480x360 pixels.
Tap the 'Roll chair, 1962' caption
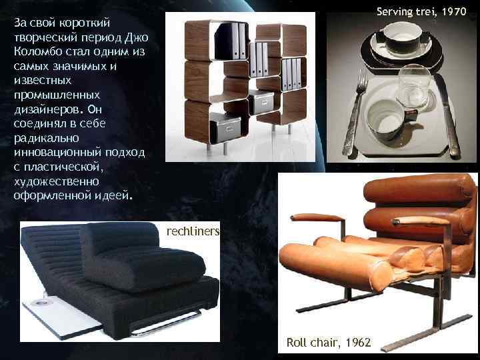click(x=329, y=342)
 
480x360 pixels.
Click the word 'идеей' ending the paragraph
click(x=117, y=196)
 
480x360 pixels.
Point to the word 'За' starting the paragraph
click(x=21, y=22)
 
